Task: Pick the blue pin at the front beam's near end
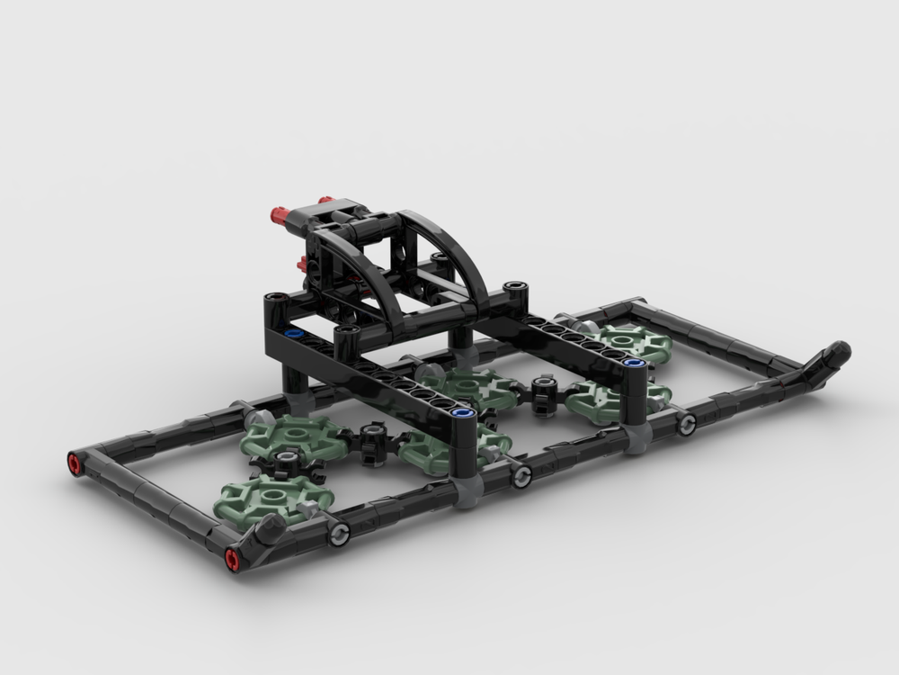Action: click(x=464, y=413)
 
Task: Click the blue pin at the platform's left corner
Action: click(x=293, y=333)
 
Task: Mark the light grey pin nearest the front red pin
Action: click(x=339, y=537)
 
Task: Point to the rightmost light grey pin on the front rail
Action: click(x=686, y=423)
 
